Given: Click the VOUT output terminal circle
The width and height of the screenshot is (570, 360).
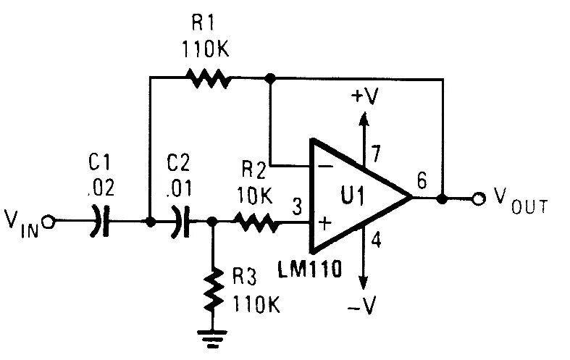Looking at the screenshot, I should (x=479, y=198).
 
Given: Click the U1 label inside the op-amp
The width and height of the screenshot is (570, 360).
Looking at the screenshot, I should (x=353, y=196).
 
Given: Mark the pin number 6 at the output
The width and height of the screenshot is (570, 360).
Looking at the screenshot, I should (x=422, y=179).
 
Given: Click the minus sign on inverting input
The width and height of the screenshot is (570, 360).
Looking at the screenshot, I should (x=324, y=166).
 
